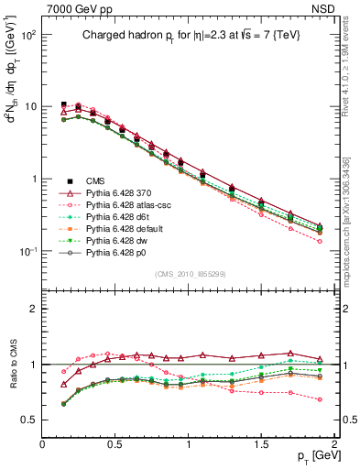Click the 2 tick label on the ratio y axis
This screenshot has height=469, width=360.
pyautogui.click(x=31, y=309)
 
